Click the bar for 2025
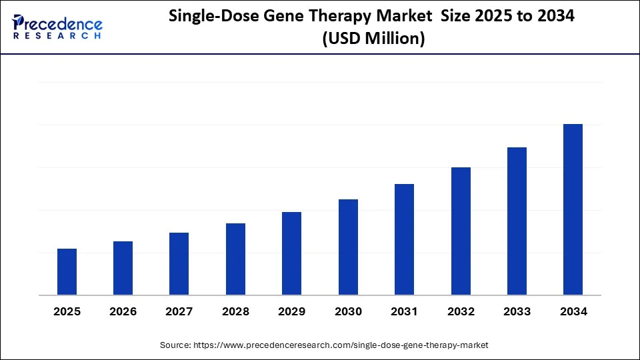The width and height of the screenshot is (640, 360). [x=67, y=272]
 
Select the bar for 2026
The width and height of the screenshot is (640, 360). [x=123, y=268]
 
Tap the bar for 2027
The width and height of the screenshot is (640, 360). [x=179, y=264]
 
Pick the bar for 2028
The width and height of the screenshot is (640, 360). [x=235, y=259]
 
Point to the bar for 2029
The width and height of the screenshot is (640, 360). [x=291, y=253]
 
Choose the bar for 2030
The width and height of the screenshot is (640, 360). [x=348, y=247]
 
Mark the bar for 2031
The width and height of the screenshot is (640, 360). [x=404, y=239]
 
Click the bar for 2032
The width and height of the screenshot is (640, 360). [x=461, y=231]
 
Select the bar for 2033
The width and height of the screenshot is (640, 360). [x=517, y=221]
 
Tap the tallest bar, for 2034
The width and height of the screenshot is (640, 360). [x=573, y=209]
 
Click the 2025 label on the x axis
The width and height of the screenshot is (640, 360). [x=67, y=311]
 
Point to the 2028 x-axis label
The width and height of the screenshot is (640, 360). [x=235, y=311]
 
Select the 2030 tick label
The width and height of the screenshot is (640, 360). [x=348, y=311]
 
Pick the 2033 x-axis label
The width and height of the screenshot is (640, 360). [x=517, y=311]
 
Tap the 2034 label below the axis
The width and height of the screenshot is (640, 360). [x=573, y=311]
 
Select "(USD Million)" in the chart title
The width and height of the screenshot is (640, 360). [x=373, y=39]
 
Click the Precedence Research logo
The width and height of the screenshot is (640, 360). [x=57, y=27]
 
